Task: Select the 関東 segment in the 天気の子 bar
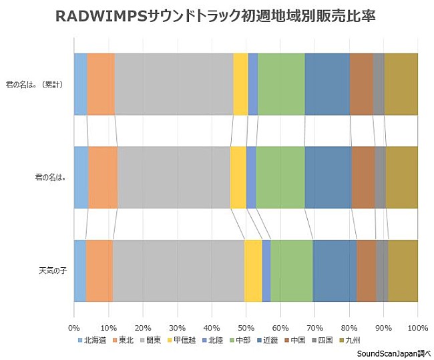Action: point(178,271)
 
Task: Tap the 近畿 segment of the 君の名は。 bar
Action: point(328,177)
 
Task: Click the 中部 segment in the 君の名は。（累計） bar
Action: point(281,84)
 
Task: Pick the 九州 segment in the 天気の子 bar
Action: point(403,271)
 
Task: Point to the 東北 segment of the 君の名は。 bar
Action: point(103,177)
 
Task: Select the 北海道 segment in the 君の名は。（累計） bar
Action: point(80,84)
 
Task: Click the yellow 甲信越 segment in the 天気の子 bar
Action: point(253,271)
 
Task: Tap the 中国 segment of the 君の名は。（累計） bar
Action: point(361,84)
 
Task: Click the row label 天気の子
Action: point(52,271)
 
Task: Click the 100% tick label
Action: point(417,328)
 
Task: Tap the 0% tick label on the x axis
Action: point(74,328)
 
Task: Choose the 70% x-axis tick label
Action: point(314,328)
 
